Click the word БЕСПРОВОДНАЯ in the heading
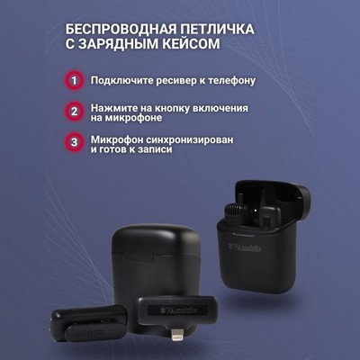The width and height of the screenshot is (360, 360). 119,30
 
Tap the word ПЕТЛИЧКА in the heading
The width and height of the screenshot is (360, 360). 216,30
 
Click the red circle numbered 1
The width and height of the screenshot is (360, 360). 74,80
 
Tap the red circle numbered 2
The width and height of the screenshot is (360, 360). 74,112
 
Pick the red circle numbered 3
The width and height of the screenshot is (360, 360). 74,142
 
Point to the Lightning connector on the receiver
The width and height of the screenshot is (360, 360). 176,336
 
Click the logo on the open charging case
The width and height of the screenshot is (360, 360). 245,248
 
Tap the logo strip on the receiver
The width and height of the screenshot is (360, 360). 177,310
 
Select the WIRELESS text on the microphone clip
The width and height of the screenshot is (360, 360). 89,333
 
